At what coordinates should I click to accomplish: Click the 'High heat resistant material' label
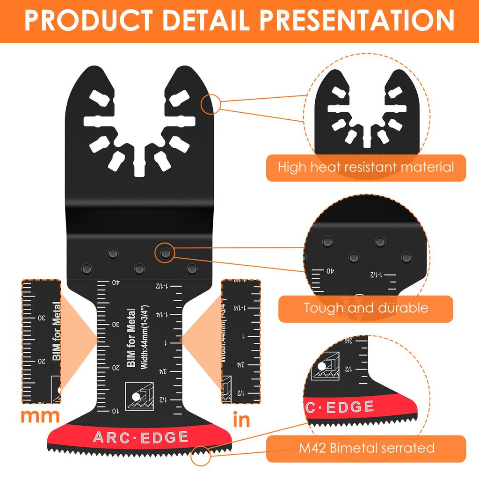[366, 167]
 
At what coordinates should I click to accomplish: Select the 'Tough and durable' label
[366, 308]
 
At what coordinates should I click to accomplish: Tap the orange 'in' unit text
[241, 420]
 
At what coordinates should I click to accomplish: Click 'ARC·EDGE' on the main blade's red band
[140, 437]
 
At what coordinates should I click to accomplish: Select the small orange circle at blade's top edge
[210, 104]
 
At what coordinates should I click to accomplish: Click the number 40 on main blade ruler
[115, 282]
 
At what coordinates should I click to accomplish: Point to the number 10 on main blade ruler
[115, 411]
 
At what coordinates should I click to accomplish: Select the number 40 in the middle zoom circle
[329, 270]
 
